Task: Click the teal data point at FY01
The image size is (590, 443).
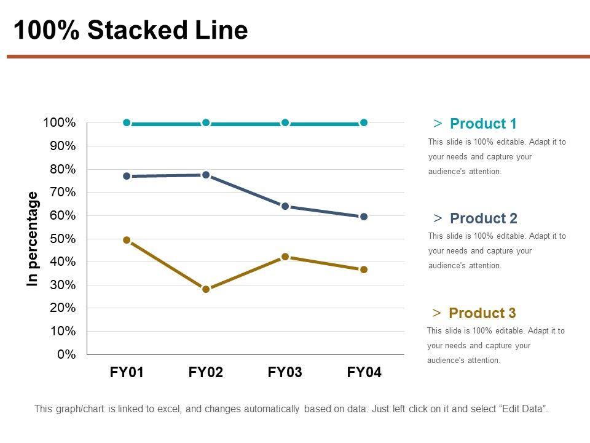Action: coord(127,122)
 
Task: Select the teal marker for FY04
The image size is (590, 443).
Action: coord(364,122)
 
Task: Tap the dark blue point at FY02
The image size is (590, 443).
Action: coord(206,175)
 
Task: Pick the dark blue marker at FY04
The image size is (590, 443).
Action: coord(364,217)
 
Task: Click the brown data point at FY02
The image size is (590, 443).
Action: coord(206,289)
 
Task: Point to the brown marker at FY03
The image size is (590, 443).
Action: coord(285,257)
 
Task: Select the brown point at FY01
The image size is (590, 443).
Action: coord(127,240)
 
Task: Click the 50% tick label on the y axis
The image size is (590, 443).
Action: coord(59,239)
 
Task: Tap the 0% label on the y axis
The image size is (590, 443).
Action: coord(66,354)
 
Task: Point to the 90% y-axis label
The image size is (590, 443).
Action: coord(59,146)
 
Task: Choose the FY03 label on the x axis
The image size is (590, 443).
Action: coord(285,372)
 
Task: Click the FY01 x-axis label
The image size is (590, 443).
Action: coord(127,372)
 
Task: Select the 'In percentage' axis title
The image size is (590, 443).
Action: coord(33,239)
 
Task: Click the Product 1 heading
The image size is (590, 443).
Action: coord(483,124)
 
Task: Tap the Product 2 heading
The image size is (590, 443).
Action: coord(483,218)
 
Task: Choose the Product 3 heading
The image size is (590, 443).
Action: coord(482,313)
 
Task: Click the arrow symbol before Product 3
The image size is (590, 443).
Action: coord(436,313)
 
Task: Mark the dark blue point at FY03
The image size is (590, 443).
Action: coord(285,206)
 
